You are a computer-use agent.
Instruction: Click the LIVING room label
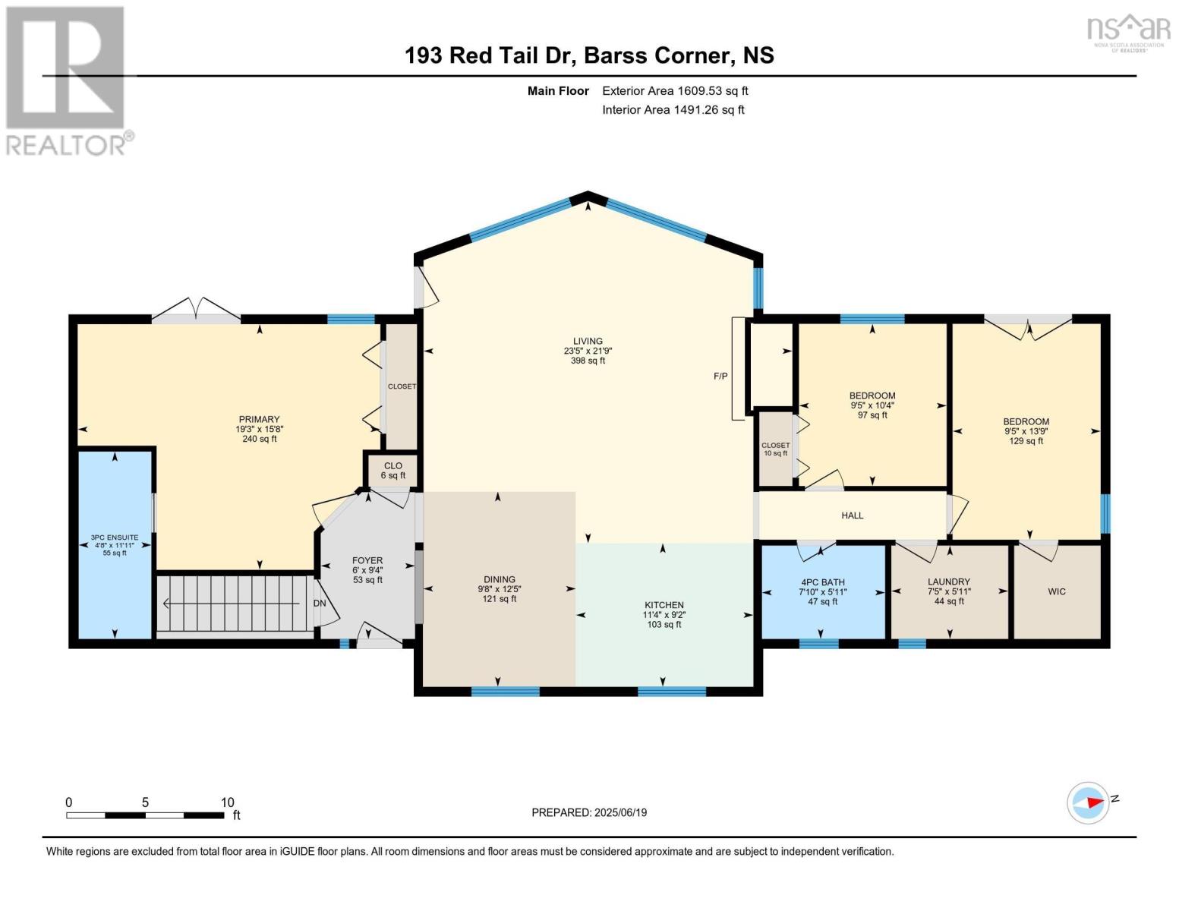pos(588,342)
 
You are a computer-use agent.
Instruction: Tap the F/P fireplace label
pos(720,376)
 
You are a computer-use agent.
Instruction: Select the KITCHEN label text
pos(664,605)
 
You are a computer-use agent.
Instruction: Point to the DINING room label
pos(500,579)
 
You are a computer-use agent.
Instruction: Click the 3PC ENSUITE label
pos(115,537)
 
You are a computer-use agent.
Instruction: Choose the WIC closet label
pos(1057,591)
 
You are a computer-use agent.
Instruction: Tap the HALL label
pos(853,515)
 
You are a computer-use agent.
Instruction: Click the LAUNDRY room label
pos(949,582)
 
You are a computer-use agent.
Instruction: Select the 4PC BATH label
pos(822,582)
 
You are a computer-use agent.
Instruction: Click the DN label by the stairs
pos(320,604)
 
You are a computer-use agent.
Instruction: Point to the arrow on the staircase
pos(231,604)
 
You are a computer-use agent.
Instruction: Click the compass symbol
pos(1088,803)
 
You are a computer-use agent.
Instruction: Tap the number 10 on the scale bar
pos(227,802)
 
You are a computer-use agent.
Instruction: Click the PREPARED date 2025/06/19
pos(621,813)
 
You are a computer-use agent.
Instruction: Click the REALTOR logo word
pos(66,145)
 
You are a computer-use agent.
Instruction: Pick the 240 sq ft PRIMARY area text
pos(260,438)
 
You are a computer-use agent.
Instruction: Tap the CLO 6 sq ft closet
pos(392,471)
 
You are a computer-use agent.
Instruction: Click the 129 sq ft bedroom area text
pos(1026,440)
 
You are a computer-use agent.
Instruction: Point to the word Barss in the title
pos(615,55)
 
